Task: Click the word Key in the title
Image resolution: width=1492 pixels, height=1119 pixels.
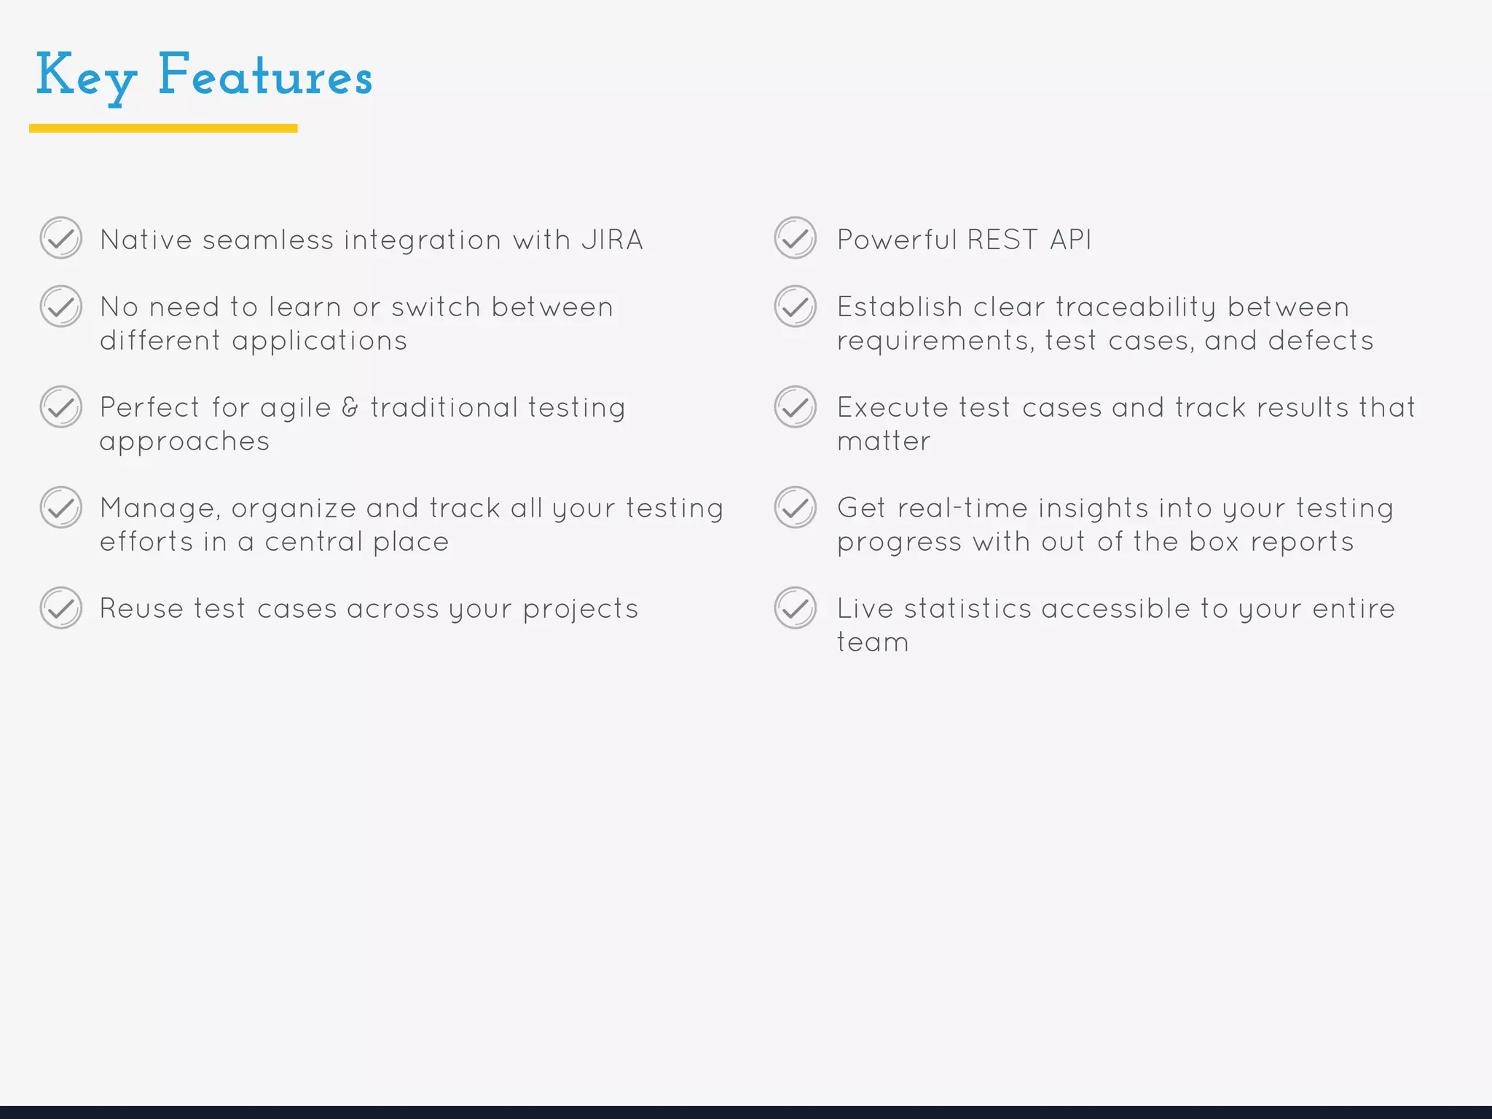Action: (x=86, y=76)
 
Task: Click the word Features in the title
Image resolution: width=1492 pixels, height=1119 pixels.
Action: (x=265, y=76)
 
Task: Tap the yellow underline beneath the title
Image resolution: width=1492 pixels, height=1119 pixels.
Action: (x=163, y=128)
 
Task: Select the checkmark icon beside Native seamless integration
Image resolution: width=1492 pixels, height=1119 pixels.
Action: (x=61, y=238)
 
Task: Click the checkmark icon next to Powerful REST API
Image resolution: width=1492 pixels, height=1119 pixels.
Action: (x=795, y=238)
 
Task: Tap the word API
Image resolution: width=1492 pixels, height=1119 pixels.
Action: (x=1070, y=240)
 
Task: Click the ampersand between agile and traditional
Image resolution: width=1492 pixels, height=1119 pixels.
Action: (x=350, y=407)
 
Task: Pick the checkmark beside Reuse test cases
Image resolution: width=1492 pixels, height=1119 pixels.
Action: (x=61, y=608)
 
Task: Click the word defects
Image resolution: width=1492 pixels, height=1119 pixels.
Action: (x=1320, y=341)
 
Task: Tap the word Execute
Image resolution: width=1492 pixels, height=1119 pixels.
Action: (x=892, y=408)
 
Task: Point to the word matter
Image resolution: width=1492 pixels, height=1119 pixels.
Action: (x=884, y=441)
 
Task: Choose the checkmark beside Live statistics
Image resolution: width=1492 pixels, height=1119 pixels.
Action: (x=795, y=608)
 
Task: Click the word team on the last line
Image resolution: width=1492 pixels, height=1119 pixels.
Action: (x=873, y=643)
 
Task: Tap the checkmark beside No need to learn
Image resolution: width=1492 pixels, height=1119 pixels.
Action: (x=61, y=307)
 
